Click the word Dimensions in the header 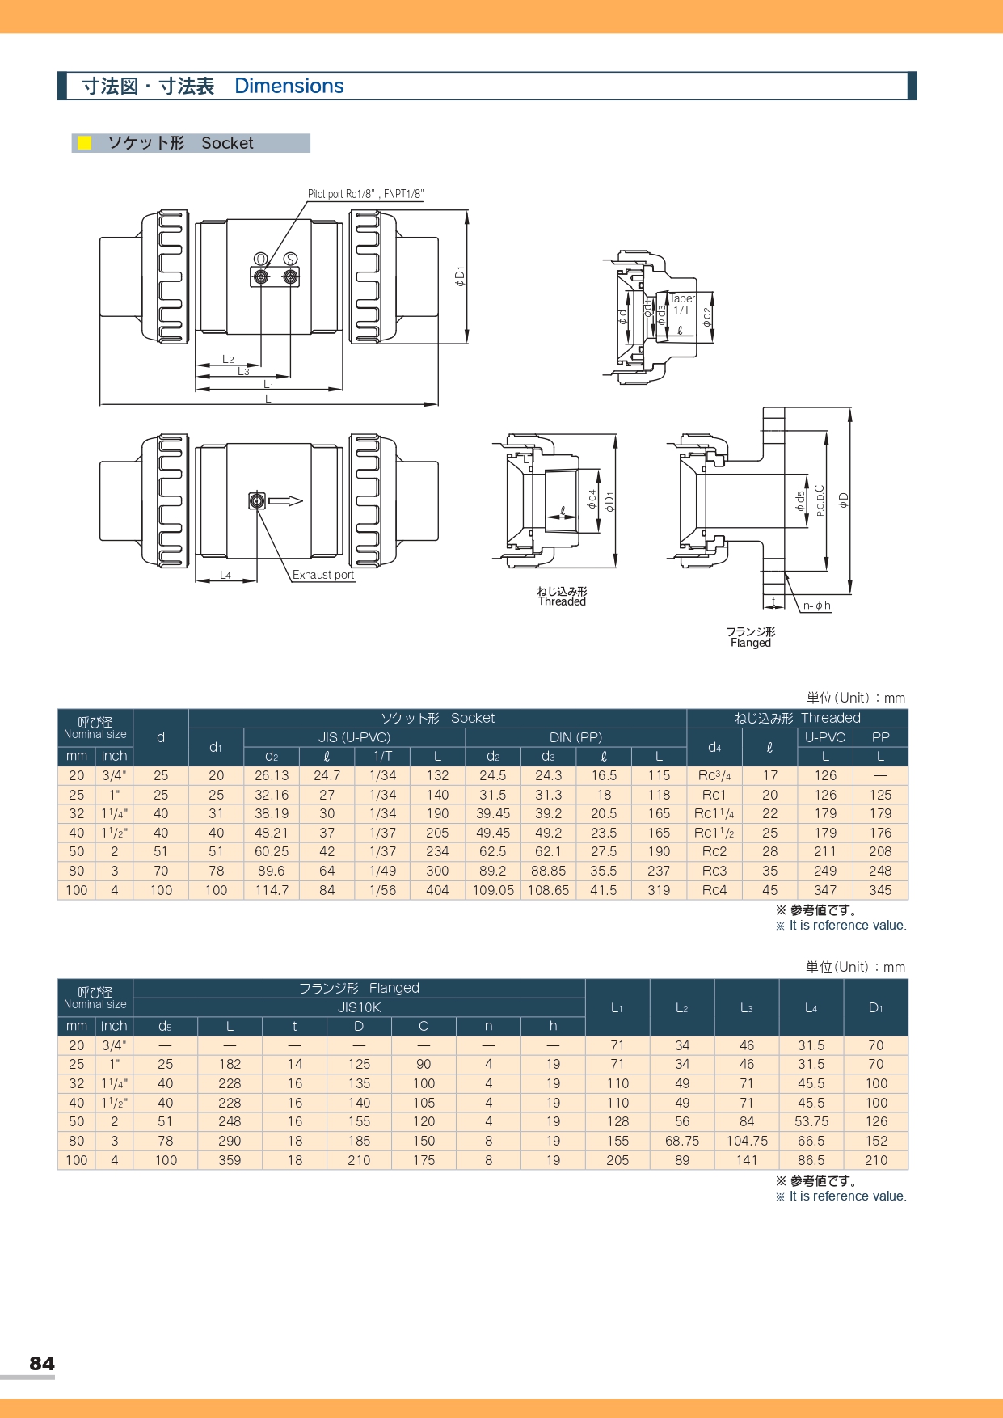[289, 86]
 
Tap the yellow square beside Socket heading [84, 143]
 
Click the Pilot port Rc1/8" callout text [365, 194]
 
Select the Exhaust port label [322, 575]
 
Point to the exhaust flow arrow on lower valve [285, 501]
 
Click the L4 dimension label [225, 575]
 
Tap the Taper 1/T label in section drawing [682, 304]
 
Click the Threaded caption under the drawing [562, 601]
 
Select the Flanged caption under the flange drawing [750, 643]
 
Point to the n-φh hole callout [816, 606]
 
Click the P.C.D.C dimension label [820, 500]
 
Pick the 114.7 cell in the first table [272, 890]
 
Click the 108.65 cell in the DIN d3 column [548, 890]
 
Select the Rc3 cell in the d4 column [714, 871]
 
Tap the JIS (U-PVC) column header [354, 737]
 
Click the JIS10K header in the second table [359, 1007]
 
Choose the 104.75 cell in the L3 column [746, 1141]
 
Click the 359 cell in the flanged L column [230, 1160]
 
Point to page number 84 [42, 1363]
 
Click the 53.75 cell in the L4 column [811, 1121]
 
